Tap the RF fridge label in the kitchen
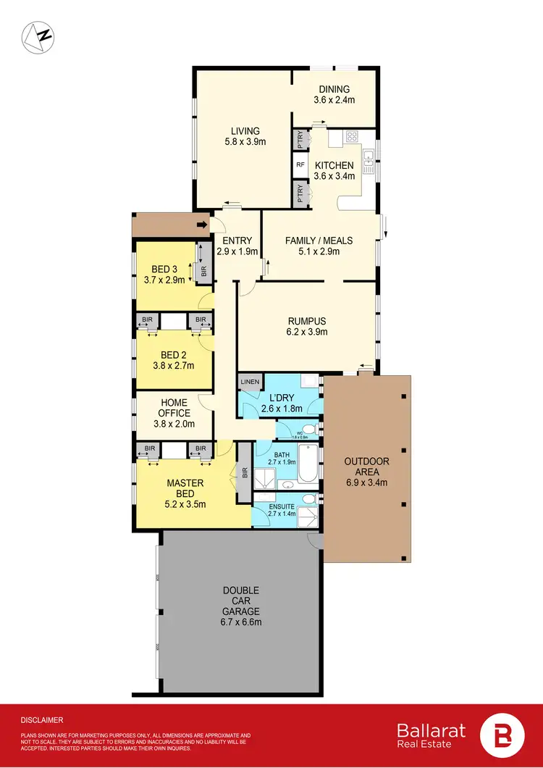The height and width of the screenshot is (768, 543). coord(300,165)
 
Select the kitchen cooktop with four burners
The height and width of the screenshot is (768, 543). coord(352,136)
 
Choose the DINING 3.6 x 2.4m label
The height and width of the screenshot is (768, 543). coord(334,95)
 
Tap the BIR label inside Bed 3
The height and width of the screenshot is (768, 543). coord(203,272)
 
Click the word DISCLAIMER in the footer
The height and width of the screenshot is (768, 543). coord(42,720)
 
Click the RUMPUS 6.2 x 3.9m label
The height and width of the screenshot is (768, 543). coord(306,327)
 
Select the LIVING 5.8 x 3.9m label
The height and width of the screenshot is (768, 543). coord(245,136)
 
